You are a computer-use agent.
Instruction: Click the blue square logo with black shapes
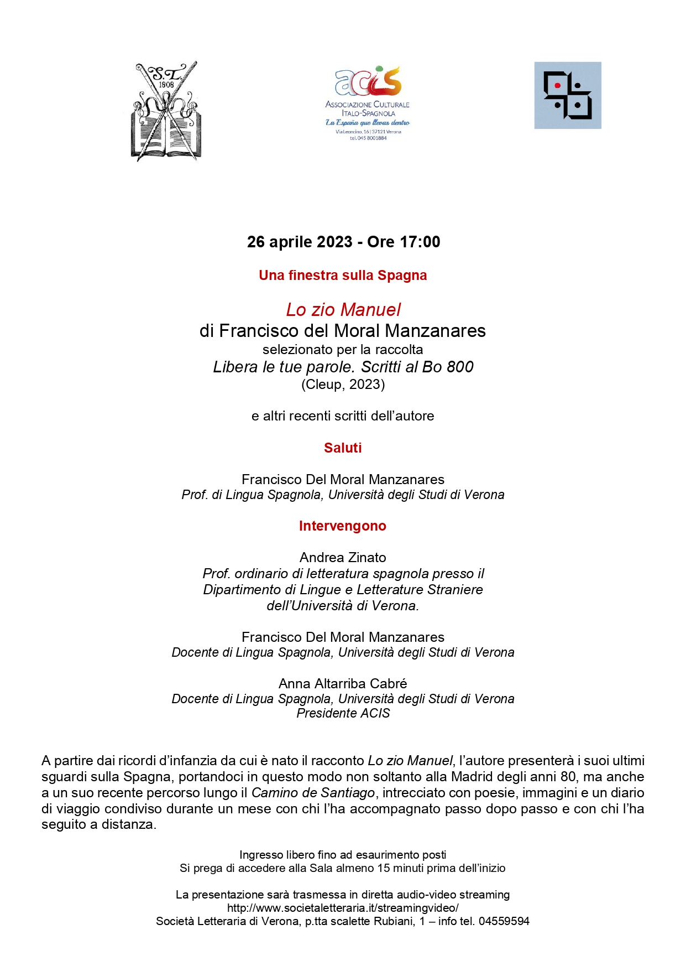click(567, 95)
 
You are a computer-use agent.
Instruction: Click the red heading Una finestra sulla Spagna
click(343, 276)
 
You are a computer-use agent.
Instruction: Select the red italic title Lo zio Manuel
click(343, 310)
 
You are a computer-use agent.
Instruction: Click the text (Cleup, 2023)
click(343, 385)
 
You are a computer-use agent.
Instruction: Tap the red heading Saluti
click(343, 448)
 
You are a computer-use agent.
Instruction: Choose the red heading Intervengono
click(343, 526)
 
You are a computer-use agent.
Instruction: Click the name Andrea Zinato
click(343, 558)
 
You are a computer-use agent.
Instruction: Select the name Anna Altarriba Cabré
click(343, 684)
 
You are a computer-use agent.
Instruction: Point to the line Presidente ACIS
click(343, 714)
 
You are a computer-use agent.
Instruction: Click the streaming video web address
click(343, 908)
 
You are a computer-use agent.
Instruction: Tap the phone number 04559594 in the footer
click(504, 921)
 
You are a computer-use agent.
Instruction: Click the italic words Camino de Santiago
click(313, 793)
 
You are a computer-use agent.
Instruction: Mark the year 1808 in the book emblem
click(166, 85)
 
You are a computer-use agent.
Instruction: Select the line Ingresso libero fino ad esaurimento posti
click(343, 855)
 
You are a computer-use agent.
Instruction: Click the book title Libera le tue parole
click(284, 367)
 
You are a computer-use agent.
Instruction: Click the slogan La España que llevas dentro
click(368, 123)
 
